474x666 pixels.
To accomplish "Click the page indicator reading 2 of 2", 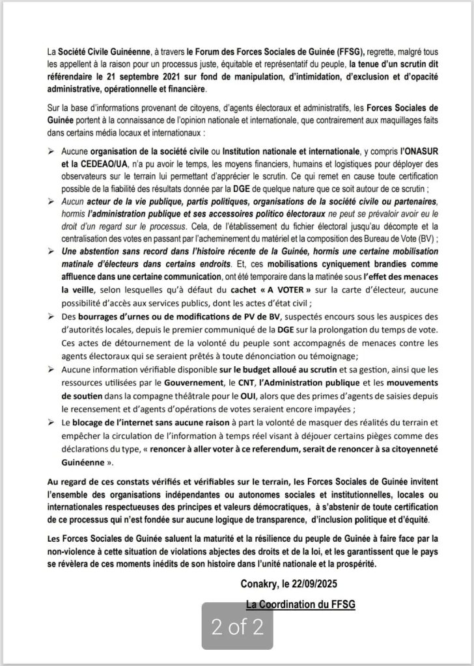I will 236,626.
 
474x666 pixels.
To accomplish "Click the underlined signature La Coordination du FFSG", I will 300,605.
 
